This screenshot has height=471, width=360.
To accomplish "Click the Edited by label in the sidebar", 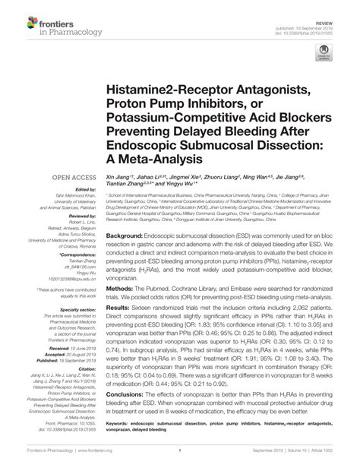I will point(76,191).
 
